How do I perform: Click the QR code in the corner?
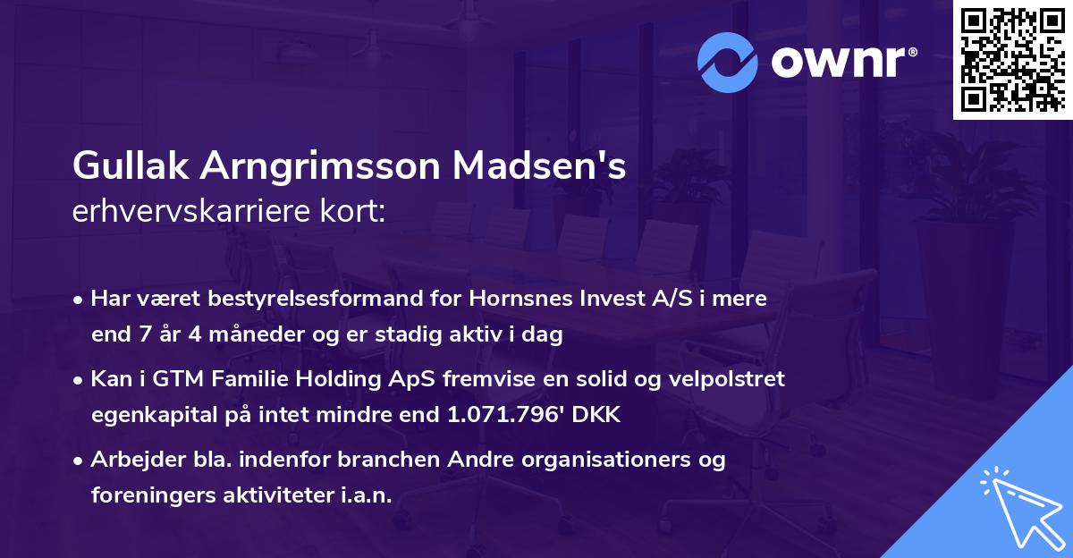[1011, 58]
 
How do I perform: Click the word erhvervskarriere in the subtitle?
[187, 210]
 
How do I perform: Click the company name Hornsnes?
[480, 299]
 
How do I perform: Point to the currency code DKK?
[596, 415]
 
